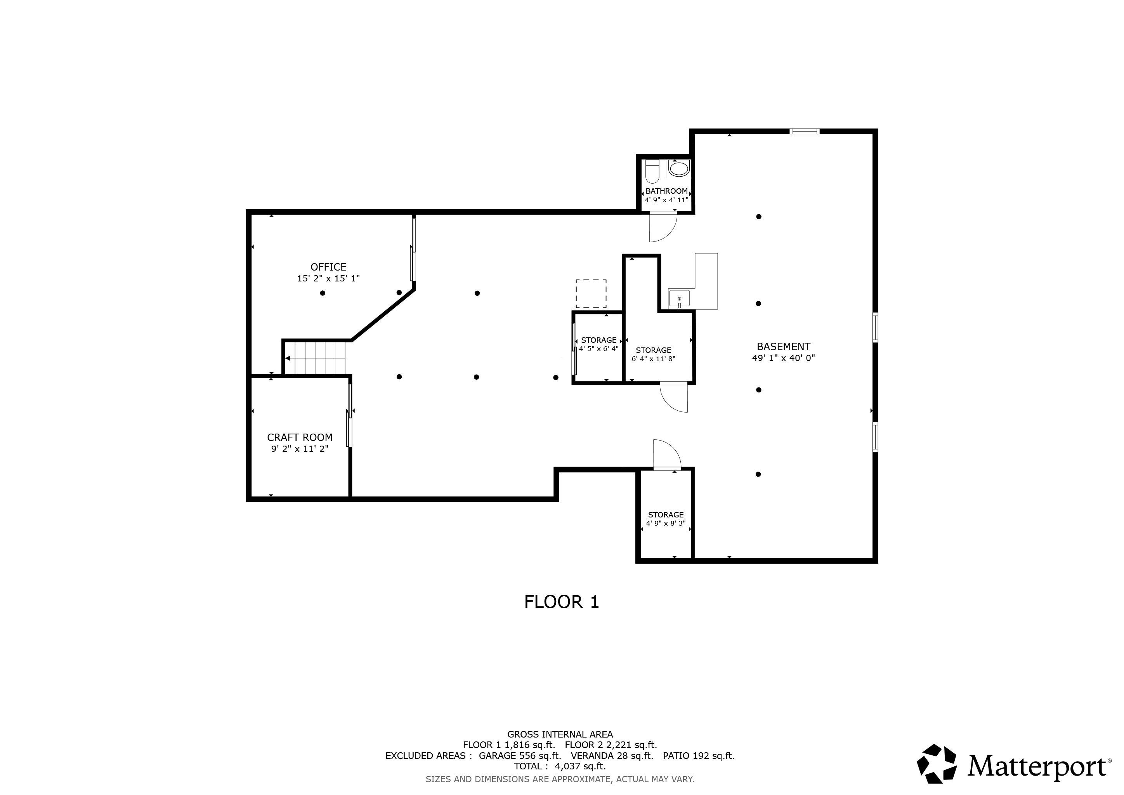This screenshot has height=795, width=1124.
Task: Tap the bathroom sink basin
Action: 678,169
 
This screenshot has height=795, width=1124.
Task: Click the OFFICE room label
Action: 328,267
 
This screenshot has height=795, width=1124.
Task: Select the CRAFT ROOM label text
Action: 300,437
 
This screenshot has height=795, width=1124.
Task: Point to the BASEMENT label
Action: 783,346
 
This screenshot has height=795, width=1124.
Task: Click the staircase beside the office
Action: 316,358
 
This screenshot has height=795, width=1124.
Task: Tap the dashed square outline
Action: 591,294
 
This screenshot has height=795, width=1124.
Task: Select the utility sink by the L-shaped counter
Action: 679,298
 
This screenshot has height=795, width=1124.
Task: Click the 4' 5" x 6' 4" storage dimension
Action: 599,349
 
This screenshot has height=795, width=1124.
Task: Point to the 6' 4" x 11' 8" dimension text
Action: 653,359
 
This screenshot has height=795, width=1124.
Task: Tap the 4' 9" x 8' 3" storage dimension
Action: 665,523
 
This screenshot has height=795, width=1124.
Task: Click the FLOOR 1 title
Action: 562,602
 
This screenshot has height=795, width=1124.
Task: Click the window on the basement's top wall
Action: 804,131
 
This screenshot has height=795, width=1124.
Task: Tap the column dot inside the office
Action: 323,293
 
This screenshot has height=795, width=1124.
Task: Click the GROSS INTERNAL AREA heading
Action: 560,734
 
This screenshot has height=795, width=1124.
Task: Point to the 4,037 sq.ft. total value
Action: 580,766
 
